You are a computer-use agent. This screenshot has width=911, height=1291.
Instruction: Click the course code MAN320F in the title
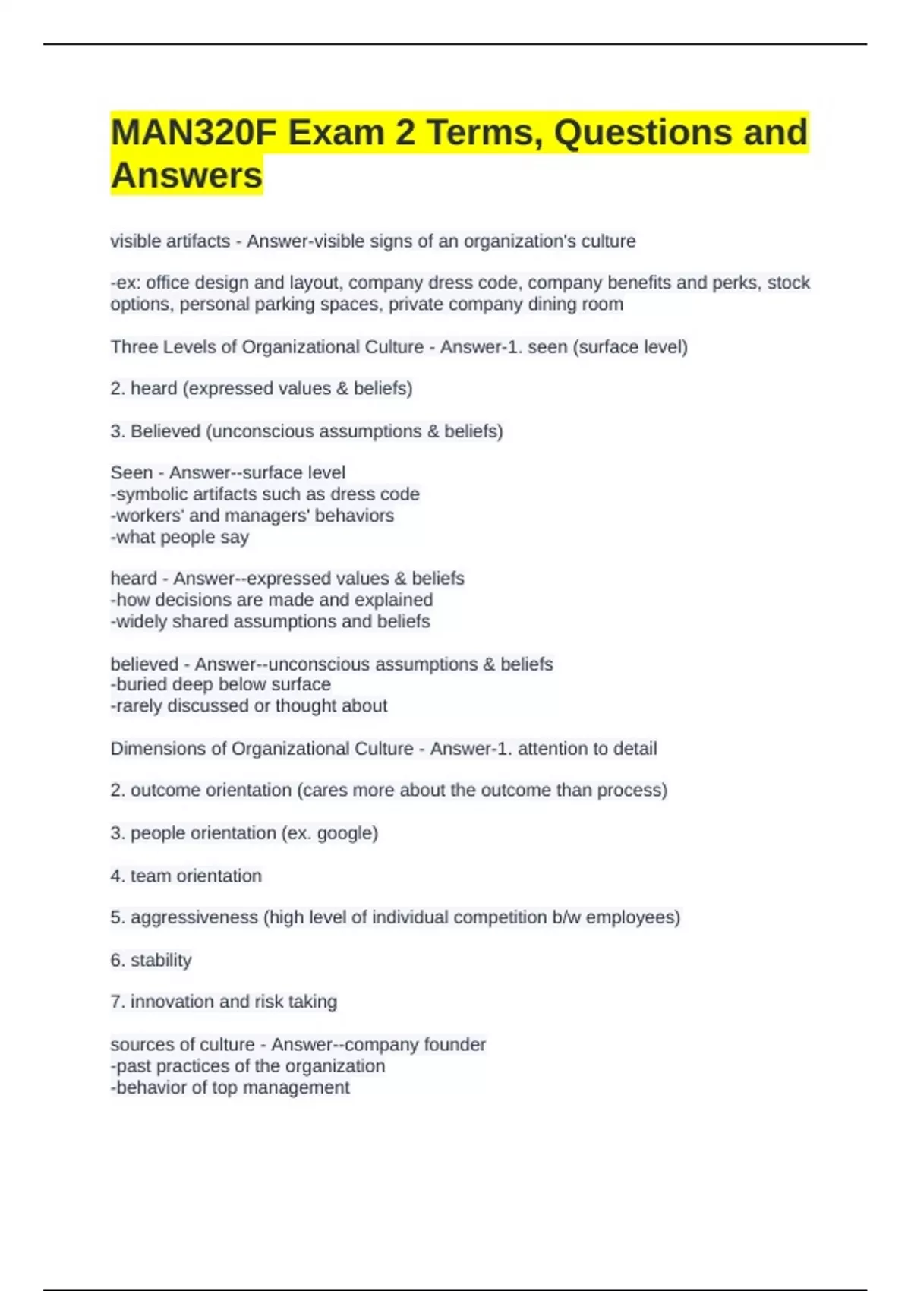(x=194, y=133)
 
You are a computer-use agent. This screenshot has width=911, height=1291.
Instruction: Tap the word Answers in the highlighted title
(x=187, y=175)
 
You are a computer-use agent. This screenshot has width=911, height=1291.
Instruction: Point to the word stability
(x=161, y=960)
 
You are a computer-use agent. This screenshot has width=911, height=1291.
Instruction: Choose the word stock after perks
(x=789, y=283)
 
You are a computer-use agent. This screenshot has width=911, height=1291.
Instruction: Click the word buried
(x=142, y=684)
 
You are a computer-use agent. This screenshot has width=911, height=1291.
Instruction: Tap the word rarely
(x=139, y=705)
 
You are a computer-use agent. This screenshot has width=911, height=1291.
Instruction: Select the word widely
(x=141, y=621)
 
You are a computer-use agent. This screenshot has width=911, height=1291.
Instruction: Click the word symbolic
(x=150, y=494)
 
